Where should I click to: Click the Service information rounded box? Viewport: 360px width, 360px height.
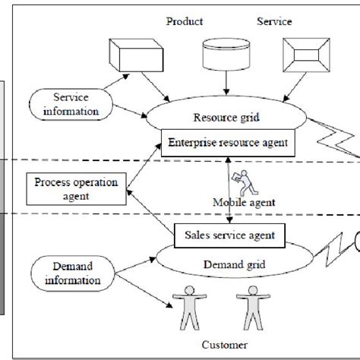pyautogui.click(x=71, y=104)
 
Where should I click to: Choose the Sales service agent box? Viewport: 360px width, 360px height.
pyautogui.click(x=225, y=234)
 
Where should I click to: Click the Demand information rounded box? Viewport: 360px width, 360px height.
pyautogui.click(x=71, y=273)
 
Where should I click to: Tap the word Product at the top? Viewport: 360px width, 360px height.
pyautogui.click(x=185, y=21)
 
